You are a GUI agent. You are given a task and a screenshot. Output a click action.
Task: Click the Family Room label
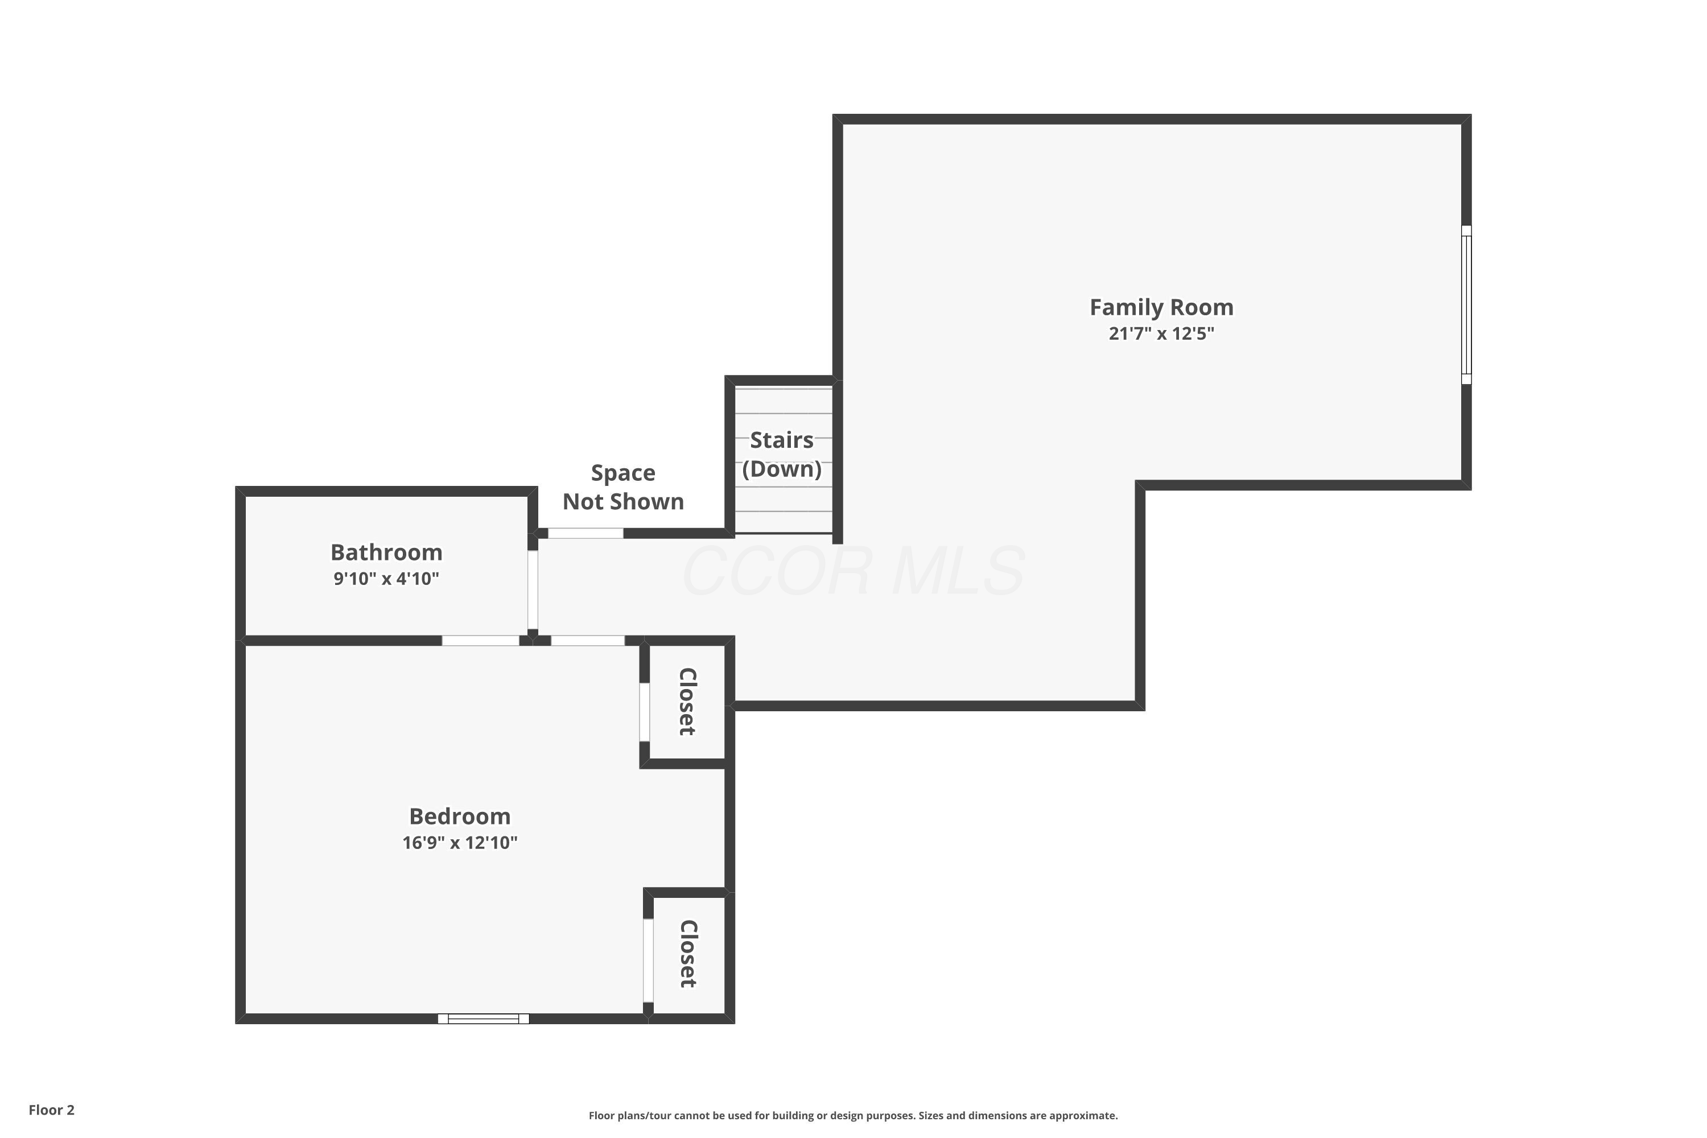click(1161, 308)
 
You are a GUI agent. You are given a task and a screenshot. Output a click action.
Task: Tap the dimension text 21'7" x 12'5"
click(1161, 334)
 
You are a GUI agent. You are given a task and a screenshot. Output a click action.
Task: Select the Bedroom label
click(460, 817)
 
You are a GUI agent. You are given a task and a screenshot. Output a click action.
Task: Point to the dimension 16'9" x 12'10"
click(460, 843)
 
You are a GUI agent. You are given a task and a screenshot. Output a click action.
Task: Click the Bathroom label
click(386, 552)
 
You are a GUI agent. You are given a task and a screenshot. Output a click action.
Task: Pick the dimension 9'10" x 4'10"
click(386, 579)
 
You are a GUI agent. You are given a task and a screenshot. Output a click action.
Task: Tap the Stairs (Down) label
click(782, 454)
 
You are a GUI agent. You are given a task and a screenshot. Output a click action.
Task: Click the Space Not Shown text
click(624, 487)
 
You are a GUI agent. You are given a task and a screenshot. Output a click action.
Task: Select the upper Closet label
click(687, 702)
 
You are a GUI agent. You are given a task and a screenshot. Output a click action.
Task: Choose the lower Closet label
click(688, 954)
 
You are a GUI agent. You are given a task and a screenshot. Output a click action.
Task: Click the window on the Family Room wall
click(1466, 305)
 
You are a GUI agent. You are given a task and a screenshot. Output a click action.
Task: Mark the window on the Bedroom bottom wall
click(483, 1019)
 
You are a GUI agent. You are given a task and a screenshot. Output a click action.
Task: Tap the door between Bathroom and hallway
click(533, 590)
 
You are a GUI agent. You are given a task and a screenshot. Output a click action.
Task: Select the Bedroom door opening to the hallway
click(588, 641)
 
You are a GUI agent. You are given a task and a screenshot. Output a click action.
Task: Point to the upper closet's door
click(645, 712)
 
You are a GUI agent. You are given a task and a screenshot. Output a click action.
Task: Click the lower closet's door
click(648, 960)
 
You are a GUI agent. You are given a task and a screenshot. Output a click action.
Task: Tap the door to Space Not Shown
click(585, 534)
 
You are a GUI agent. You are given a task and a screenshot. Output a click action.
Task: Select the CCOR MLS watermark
click(853, 571)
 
